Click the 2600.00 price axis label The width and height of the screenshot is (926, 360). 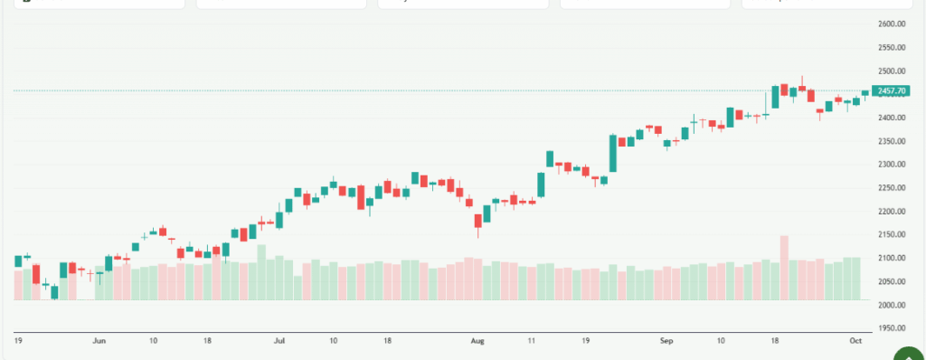click(892, 24)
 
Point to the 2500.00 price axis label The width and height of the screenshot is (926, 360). click(892, 71)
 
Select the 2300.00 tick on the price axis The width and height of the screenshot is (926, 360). click(892, 165)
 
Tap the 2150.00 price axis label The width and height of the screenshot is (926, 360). click(892, 235)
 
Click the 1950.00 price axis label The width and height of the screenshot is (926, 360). click(892, 328)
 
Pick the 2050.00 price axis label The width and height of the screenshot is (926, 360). click(892, 282)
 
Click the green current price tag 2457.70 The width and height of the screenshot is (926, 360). click(892, 90)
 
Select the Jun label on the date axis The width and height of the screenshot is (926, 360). click(99, 341)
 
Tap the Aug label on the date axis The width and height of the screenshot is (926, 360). click(477, 341)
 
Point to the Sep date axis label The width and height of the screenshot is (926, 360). click(667, 341)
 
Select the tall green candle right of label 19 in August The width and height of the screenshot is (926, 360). click(613, 153)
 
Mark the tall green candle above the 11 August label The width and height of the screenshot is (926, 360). click(541, 185)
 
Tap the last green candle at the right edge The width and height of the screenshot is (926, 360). click(865, 92)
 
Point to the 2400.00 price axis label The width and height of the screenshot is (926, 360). click(892, 118)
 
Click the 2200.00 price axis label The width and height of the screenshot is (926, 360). click(892, 212)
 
